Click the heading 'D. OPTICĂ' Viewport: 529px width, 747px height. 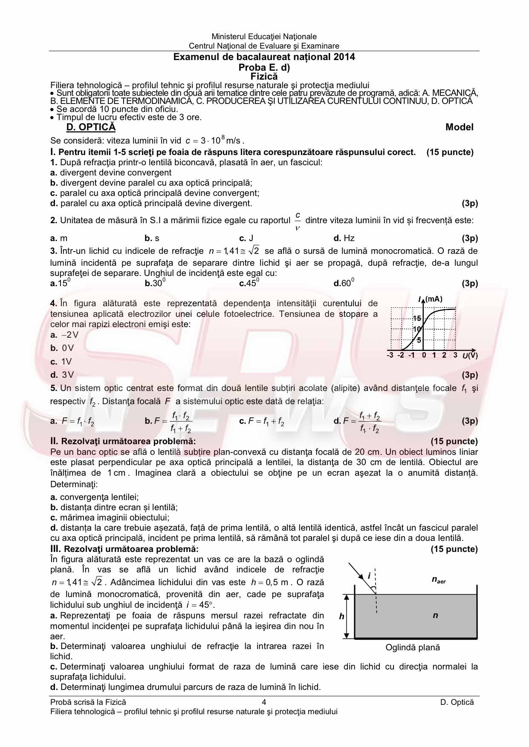click(91, 127)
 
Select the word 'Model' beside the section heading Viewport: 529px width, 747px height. click(459, 127)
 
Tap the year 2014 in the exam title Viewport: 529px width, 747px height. click(344, 57)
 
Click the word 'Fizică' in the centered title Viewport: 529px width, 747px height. click(264, 77)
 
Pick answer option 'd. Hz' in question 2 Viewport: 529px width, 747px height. click(344, 238)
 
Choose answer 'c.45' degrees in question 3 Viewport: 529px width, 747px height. click(249, 283)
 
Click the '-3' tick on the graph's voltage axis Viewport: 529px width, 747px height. click(390, 355)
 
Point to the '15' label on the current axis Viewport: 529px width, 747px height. click(417, 319)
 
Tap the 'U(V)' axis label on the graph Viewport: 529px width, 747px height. click(470, 356)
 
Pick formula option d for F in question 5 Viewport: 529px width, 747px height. click(358, 422)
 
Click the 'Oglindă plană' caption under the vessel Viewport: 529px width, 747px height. click(412, 647)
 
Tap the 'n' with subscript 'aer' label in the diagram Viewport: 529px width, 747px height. click(438, 580)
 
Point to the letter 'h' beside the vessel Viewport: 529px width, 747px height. click(341, 616)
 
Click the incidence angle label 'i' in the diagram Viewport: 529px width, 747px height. click(369, 576)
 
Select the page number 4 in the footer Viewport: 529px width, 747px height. click(264, 702)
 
